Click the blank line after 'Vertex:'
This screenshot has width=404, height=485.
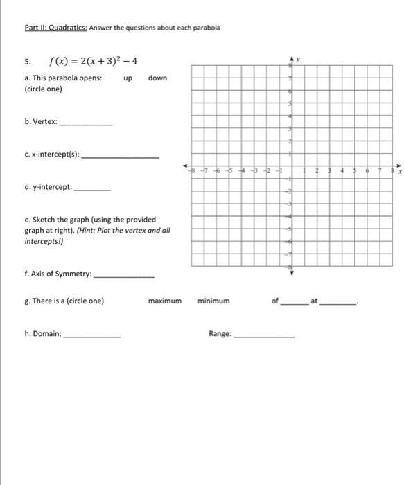(86, 123)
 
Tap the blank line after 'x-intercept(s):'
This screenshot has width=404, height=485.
(120, 157)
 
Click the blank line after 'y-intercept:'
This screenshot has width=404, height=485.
(91, 189)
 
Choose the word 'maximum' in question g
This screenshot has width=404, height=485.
(164, 301)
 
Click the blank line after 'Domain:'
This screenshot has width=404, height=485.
(91, 335)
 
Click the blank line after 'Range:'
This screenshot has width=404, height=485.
(263, 335)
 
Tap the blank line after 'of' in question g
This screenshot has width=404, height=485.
(292, 303)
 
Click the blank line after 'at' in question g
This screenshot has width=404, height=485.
(339, 303)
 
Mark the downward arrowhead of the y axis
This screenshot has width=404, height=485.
(291, 272)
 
